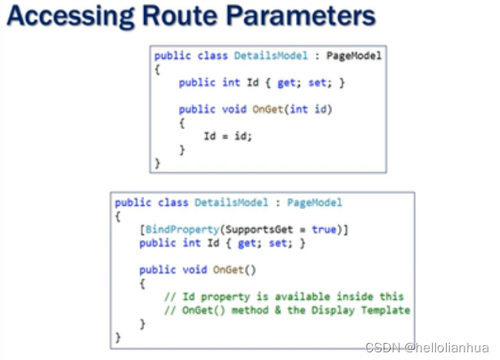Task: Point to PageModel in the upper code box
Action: coord(354,56)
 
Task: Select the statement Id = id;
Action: coord(227,136)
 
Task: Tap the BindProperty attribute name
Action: coord(180,230)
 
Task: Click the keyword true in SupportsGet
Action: coord(324,230)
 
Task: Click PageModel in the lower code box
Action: coord(314,203)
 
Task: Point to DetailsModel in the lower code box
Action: coord(231,203)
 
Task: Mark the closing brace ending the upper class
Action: coord(158,163)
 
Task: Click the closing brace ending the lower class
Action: coord(118,338)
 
